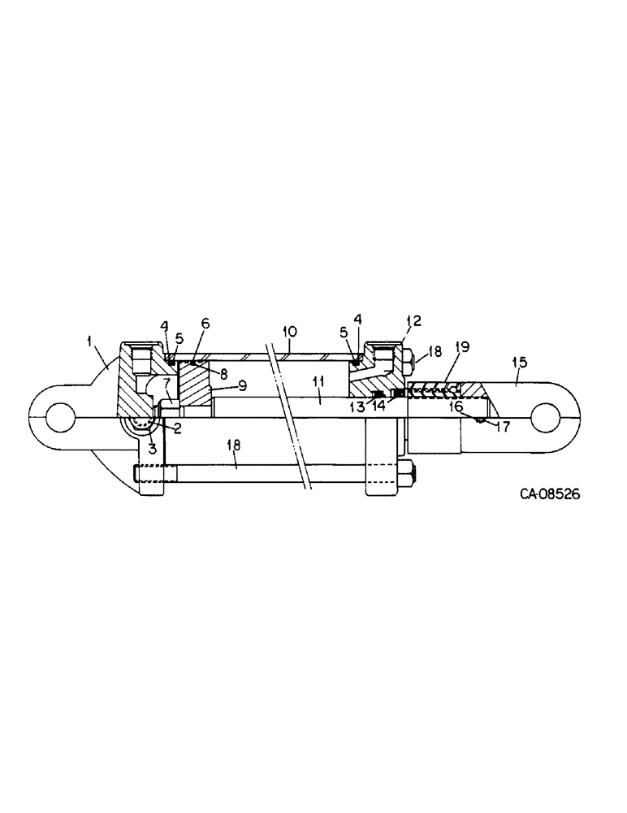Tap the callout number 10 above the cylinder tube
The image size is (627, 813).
[x=290, y=332]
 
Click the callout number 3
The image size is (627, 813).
[x=152, y=449]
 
